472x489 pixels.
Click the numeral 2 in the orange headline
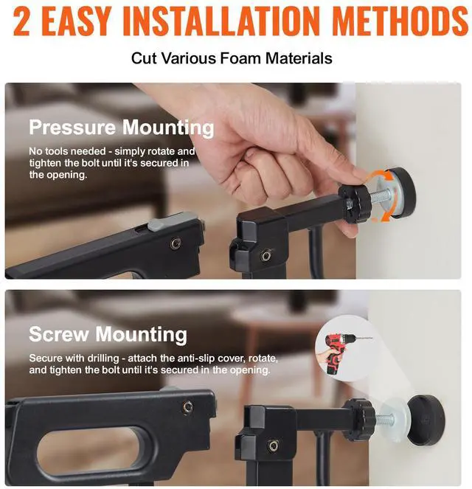tap(22, 22)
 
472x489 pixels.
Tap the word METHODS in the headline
tap(400, 22)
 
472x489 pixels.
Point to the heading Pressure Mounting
tap(122, 128)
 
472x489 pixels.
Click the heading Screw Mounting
tap(108, 335)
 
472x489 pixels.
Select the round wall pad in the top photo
tap(400, 192)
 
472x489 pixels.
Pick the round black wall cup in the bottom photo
tap(426, 420)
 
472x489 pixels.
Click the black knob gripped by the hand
tap(355, 204)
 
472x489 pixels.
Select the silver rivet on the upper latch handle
tap(176, 243)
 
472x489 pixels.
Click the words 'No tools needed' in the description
tap(67, 151)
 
